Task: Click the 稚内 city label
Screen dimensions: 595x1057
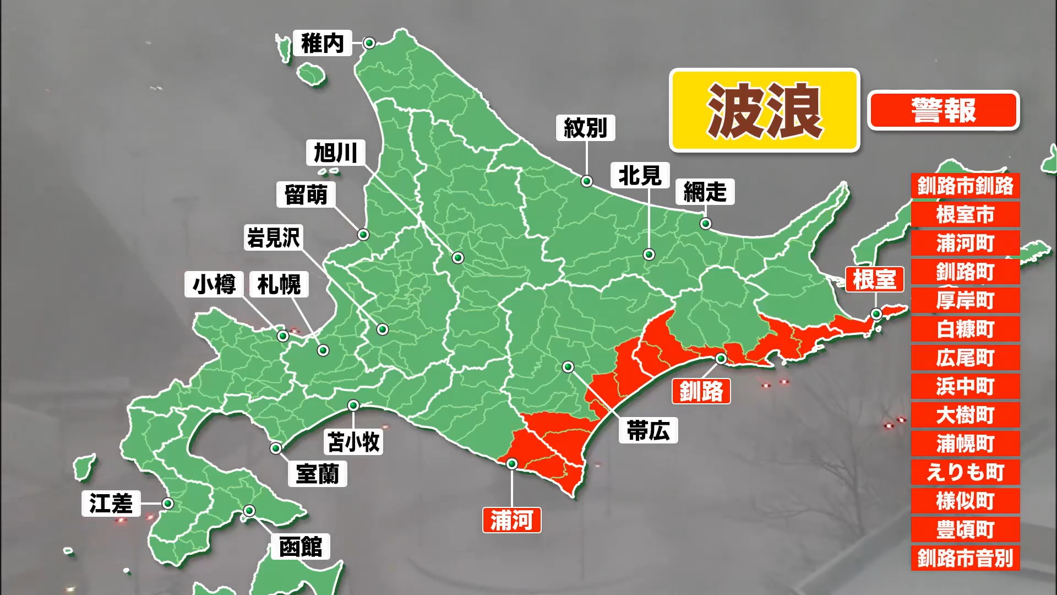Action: click(323, 44)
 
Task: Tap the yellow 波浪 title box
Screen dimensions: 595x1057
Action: click(764, 110)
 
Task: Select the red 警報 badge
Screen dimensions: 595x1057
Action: click(944, 111)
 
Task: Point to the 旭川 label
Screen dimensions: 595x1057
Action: click(335, 153)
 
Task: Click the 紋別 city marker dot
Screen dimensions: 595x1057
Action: click(587, 181)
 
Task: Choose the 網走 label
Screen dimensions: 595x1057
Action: click(705, 192)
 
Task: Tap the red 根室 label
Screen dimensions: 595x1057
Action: click(874, 279)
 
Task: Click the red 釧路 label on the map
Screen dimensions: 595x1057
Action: click(701, 391)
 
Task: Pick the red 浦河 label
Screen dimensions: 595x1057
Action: click(511, 520)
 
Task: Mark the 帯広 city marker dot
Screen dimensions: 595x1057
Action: click(568, 367)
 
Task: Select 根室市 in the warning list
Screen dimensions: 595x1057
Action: click(965, 214)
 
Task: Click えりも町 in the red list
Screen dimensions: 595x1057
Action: click(965, 472)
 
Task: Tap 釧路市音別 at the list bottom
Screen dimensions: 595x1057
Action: click(965, 558)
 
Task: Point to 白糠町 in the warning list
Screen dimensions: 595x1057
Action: click(965, 329)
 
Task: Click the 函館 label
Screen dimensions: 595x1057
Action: click(300, 547)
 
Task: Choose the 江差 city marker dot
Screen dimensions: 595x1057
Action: click(168, 504)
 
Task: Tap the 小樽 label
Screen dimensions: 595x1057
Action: click(214, 284)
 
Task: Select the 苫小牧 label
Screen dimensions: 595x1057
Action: click(353, 442)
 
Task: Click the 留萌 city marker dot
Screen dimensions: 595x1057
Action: click(363, 235)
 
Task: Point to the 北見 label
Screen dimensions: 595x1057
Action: click(640, 175)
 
